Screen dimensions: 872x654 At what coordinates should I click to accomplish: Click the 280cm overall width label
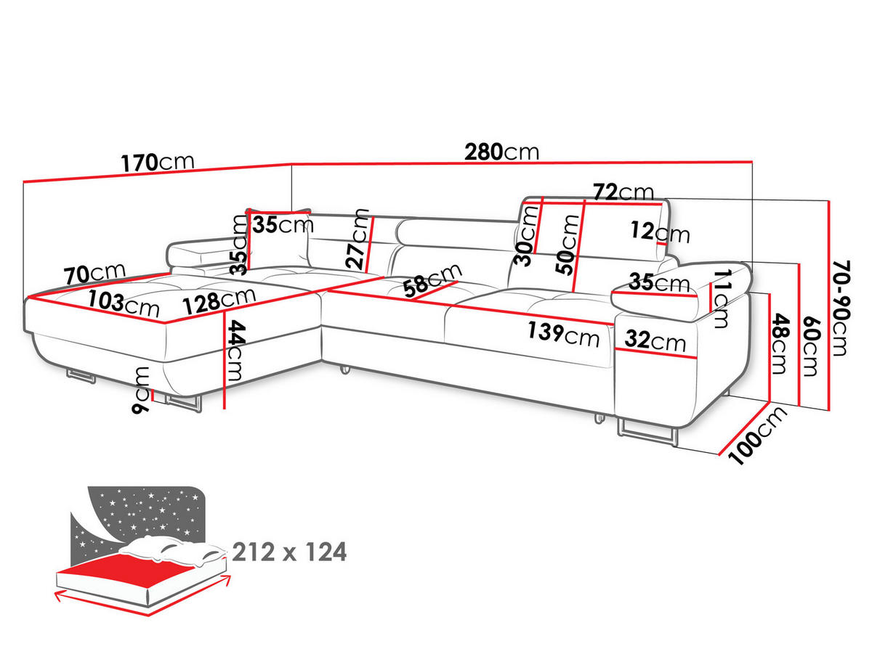click(501, 152)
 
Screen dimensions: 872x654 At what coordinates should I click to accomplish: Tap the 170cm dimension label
click(157, 163)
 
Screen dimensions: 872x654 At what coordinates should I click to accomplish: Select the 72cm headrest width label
click(623, 192)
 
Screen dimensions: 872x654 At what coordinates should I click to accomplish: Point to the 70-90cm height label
click(840, 308)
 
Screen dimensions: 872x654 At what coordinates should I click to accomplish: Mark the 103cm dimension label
click(124, 303)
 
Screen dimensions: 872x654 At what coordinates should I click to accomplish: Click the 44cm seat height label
click(237, 351)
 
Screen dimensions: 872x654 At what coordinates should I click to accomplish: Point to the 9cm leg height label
click(141, 391)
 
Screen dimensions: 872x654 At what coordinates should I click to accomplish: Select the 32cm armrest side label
click(655, 340)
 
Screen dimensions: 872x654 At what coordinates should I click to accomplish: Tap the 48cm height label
click(780, 343)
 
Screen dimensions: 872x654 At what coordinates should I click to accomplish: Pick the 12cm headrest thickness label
click(661, 232)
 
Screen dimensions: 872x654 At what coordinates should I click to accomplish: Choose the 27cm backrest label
click(358, 239)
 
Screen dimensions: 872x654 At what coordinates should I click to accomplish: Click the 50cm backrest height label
click(568, 245)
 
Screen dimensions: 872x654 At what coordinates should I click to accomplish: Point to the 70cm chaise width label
click(94, 274)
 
